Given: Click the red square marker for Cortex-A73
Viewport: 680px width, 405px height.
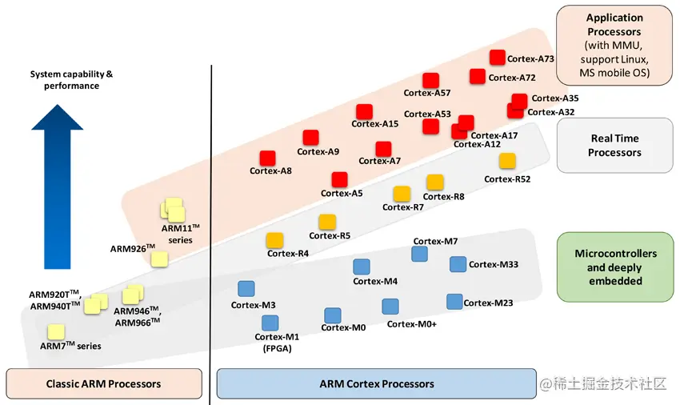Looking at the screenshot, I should point(497,58).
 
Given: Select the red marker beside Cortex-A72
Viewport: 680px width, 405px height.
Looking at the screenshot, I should point(478,76).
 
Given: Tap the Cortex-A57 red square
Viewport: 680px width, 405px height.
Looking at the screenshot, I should point(432,80).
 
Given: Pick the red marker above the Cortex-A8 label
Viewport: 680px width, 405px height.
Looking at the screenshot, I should point(268,158).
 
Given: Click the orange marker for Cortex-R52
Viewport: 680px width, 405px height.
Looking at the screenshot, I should point(507,161).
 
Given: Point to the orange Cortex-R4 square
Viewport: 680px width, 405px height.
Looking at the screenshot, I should point(274,239).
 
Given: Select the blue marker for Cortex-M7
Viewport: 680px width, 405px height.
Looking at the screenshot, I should point(419,254).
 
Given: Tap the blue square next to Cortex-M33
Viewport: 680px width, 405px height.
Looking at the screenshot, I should point(458,264).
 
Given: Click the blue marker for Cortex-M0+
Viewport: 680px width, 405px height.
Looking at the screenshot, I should point(390,307).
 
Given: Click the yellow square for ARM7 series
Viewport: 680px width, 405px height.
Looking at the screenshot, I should point(56,331).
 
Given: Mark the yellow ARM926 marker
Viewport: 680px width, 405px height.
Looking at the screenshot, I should point(159,259).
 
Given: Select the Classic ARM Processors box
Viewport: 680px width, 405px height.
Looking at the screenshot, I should point(103,383).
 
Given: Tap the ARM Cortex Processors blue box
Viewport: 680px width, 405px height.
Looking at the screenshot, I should point(376,383).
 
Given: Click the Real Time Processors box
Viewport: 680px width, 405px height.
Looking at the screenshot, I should point(614,145).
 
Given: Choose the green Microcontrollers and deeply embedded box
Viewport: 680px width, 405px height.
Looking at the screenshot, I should point(615,267).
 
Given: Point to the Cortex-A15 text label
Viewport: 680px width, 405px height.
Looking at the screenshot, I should point(375,124).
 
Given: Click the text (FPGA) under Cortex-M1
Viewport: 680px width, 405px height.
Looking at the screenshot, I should point(276,348).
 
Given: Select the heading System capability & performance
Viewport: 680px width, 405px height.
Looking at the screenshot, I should point(72,80).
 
